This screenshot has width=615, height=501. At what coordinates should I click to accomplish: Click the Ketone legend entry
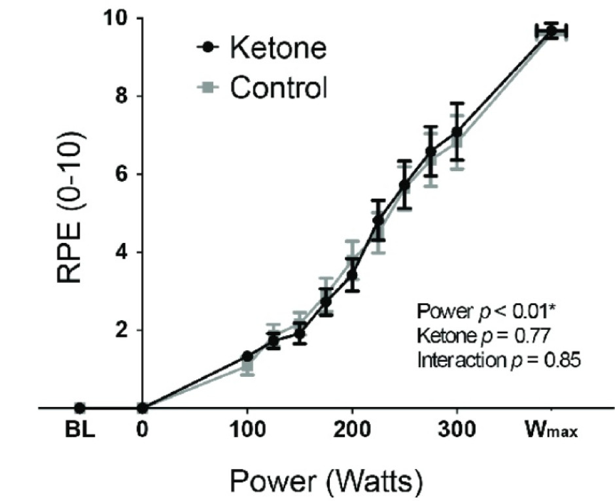[262, 49]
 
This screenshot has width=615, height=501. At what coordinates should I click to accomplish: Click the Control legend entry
[262, 88]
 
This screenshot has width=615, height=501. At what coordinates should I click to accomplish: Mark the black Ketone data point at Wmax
[552, 31]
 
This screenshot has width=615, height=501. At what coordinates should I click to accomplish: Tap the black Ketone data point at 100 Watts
[247, 356]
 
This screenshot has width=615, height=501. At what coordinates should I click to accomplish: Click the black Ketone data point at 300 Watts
[457, 132]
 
